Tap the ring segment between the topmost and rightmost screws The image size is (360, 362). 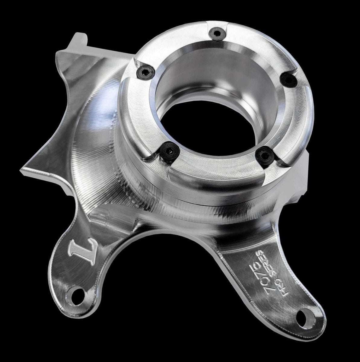[263, 45]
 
